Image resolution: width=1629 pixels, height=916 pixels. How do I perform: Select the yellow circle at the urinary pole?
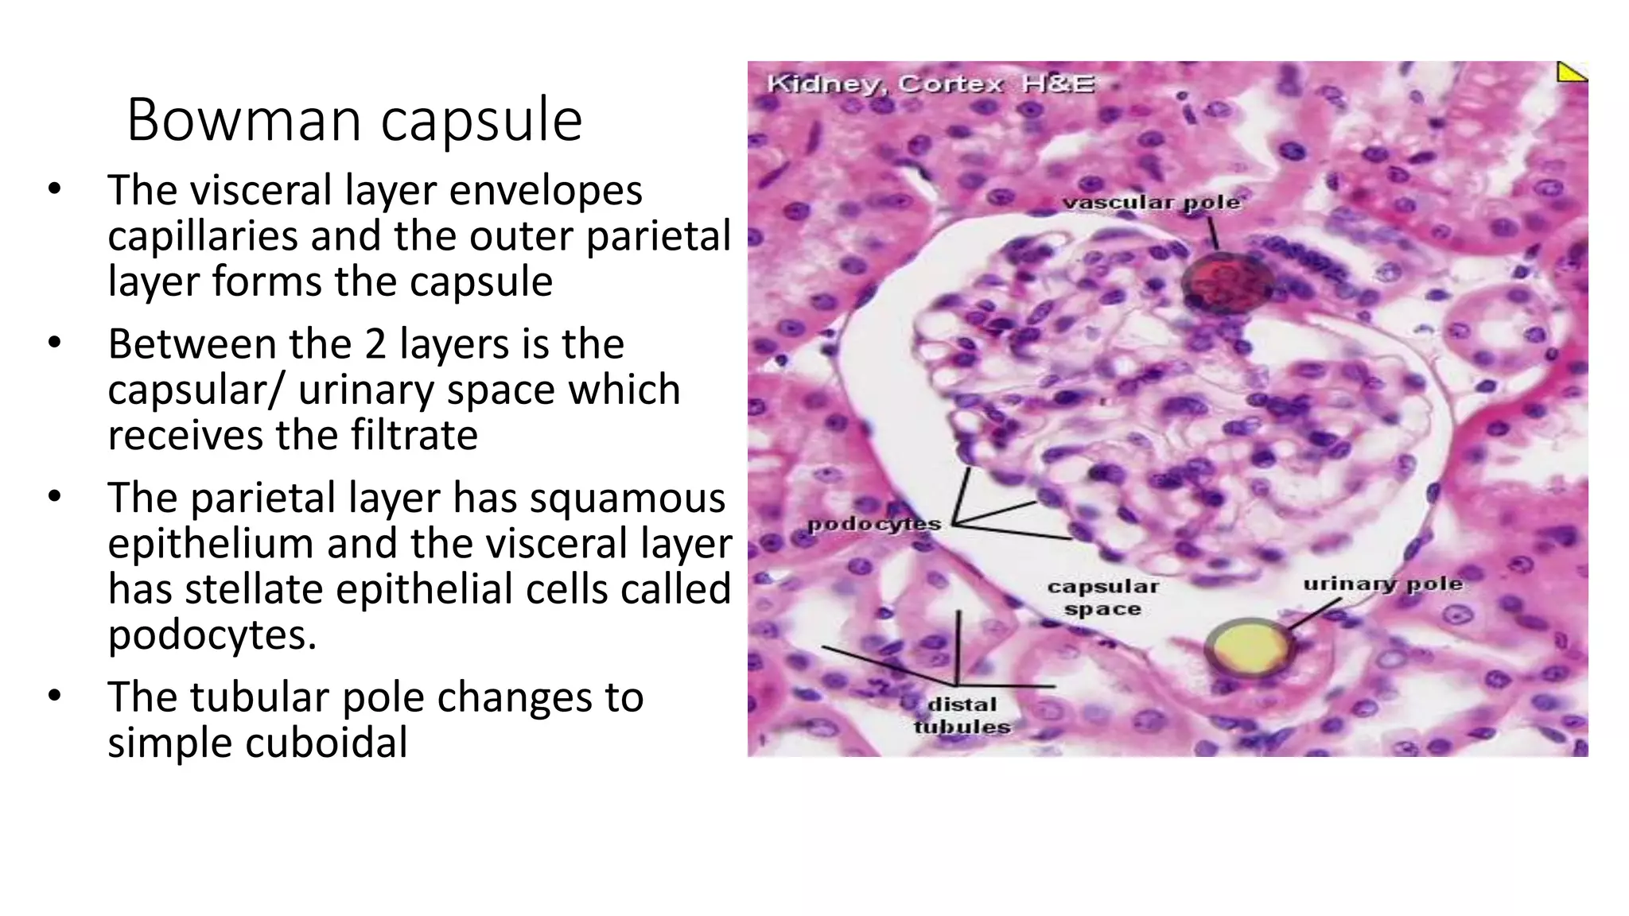click(1250, 647)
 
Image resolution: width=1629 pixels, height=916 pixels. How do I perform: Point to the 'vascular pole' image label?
click(1151, 203)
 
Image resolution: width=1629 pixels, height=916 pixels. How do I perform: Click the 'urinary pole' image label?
click(1382, 584)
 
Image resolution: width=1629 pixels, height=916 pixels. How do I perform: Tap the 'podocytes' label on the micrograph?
click(873, 524)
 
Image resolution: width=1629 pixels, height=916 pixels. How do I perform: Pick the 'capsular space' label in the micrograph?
click(1102, 598)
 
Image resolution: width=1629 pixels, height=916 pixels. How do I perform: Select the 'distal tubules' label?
click(962, 716)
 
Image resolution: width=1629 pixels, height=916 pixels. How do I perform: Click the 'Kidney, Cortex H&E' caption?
click(930, 83)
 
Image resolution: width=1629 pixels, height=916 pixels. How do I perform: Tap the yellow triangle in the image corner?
click(1571, 72)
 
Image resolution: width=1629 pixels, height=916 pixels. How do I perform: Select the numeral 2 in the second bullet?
click(375, 344)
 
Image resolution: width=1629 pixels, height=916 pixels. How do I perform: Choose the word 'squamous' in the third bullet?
click(628, 498)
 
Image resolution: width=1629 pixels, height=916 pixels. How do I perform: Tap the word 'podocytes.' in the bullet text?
click(212, 635)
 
